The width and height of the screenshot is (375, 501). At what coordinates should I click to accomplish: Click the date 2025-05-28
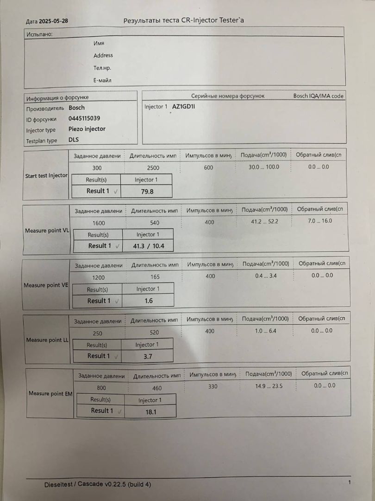click(x=54, y=21)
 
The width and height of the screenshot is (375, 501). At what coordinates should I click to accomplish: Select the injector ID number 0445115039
click(x=84, y=118)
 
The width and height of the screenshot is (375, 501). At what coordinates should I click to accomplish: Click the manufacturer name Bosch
click(x=77, y=108)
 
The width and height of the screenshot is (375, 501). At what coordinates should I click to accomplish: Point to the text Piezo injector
click(x=87, y=129)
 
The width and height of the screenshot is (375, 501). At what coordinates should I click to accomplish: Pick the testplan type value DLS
click(x=74, y=140)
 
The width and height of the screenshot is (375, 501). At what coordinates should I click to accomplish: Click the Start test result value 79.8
click(x=147, y=191)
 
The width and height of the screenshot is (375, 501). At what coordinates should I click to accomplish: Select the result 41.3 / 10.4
click(x=149, y=246)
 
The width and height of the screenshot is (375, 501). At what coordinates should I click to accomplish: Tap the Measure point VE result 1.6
click(x=148, y=301)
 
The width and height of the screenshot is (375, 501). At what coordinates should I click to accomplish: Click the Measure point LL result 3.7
click(x=148, y=356)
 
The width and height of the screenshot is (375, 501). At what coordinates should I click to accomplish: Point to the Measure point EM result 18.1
click(x=150, y=411)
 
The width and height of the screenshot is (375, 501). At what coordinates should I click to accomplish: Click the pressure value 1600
click(x=99, y=223)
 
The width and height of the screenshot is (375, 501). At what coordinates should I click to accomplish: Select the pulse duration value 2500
click(x=153, y=168)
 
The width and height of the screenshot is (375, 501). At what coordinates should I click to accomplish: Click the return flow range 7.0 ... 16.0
click(x=320, y=221)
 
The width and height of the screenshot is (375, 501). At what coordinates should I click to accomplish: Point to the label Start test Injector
click(x=46, y=176)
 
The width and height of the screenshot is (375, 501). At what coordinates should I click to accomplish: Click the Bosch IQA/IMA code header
click(x=319, y=96)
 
